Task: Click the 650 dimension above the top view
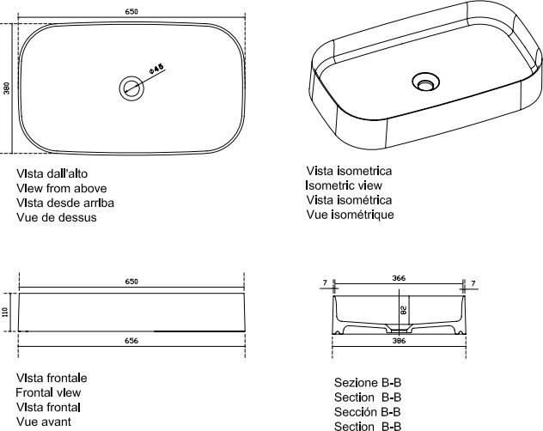point(131,12)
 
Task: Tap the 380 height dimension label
point(7,88)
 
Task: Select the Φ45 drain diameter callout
point(156,69)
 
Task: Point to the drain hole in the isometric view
point(425,82)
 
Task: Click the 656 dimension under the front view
point(131,341)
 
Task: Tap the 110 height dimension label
point(5,313)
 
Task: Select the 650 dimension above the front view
point(131,282)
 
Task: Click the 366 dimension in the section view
point(399,278)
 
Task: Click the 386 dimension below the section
point(399,341)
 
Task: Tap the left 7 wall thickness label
point(325,282)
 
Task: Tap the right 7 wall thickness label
point(473,283)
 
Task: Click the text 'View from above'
point(62,188)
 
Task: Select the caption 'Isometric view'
point(344,185)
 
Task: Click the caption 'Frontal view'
point(48,392)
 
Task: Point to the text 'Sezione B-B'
point(368,383)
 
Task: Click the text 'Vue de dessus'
point(57,217)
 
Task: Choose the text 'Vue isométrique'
point(350,215)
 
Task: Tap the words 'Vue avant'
point(44,422)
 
